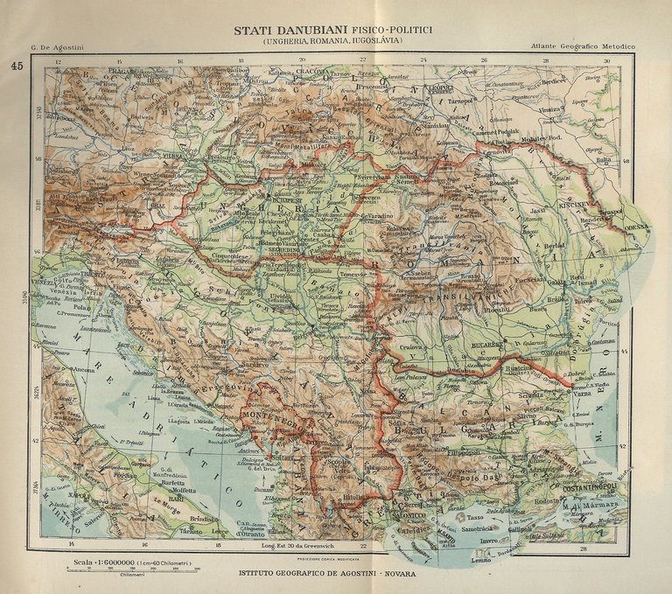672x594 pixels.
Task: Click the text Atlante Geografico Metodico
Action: (583, 45)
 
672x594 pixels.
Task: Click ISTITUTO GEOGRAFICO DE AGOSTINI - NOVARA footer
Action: (337, 574)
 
